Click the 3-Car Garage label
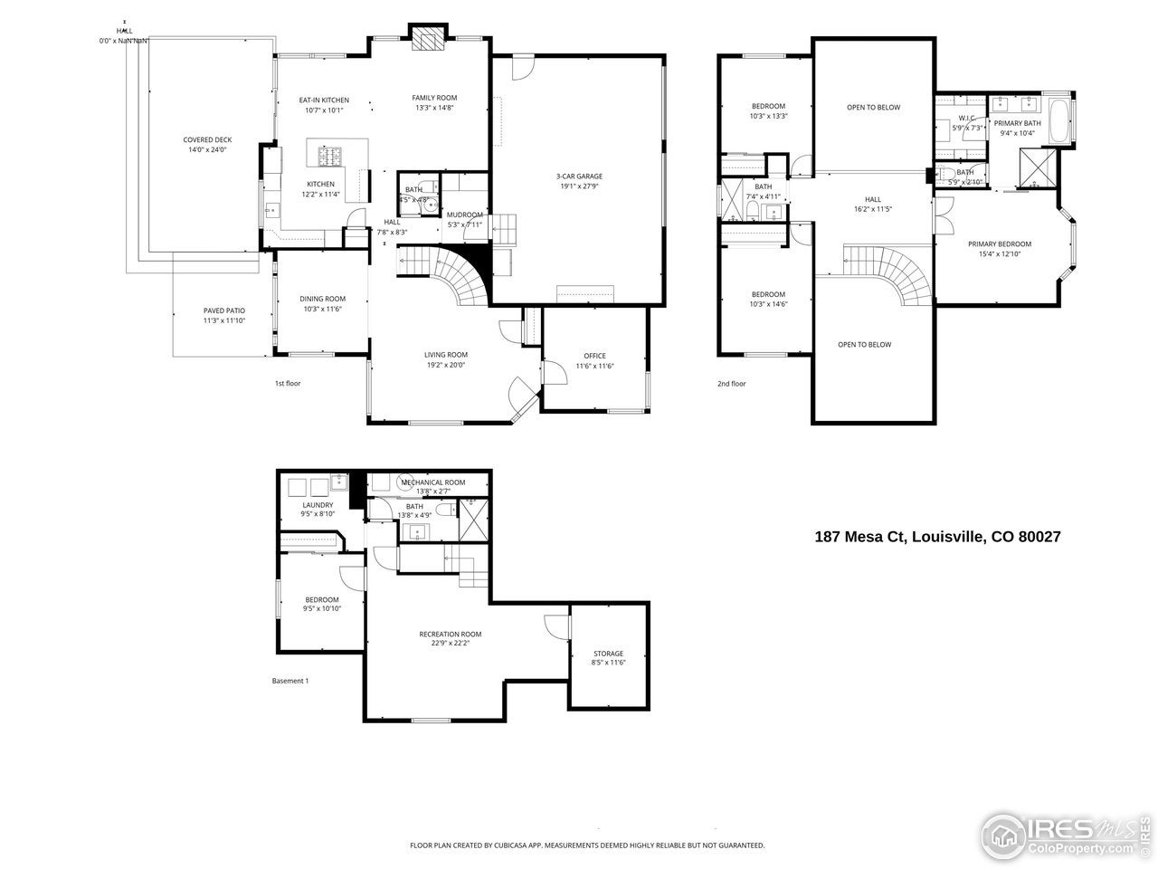click(x=579, y=177)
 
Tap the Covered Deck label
click(x=207, y=139)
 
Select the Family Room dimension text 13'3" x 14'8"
click(x=434, y=108)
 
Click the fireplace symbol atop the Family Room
click(x=426, y=38)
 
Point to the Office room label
click(x=594, y=356)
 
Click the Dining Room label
click(x=322, y=299)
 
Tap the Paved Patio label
click(x=223, y=310)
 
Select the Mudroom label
click(x=465, y=215)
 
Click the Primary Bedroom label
click(x=999, y=244)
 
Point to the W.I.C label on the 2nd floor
click(x=966, y=119)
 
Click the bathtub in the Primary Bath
click(x=1062, y=120)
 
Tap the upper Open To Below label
click(x=873, y=107)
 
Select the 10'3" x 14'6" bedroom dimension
click(x=768, y=304)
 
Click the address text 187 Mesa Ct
click(x=859, y=537)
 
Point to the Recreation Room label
click(x=450, y=634)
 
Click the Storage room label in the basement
click(x=608, y=654)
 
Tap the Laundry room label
click(x=318, y=505)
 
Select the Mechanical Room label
click(x=432, y=482)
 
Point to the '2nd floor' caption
click(x=731, y=384)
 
